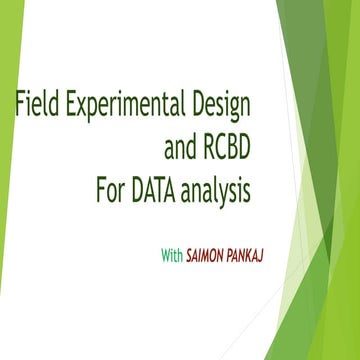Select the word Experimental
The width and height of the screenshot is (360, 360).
[121, 104]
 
